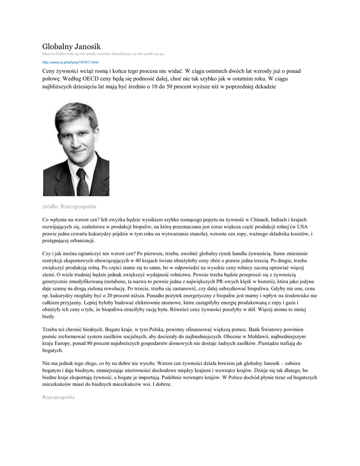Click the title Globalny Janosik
[x=71, y=46]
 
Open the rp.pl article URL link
[x=70, y=62]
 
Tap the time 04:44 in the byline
[x=158, y=54]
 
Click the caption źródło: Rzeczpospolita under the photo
[x=69, y=207]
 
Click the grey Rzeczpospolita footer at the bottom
[x=58, y=397]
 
